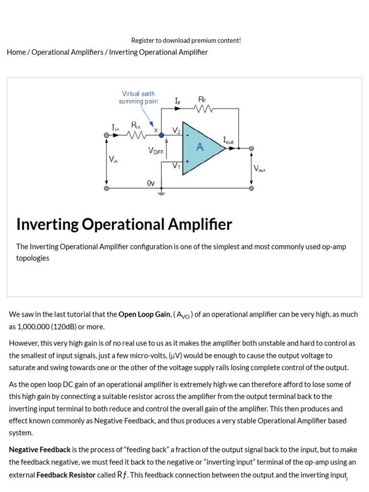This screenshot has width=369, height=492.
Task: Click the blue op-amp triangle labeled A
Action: (199, 148)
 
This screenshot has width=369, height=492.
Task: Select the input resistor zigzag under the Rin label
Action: (136, 135)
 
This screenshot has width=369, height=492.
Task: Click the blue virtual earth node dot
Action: (161, 135)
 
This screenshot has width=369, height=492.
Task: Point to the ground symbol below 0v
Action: (161, 193)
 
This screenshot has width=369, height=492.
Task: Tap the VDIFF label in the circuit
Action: (156, 151)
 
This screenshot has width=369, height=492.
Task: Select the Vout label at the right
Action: (259, 169)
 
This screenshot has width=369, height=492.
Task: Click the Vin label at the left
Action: (113, 160)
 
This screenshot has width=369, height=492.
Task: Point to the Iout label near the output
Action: (228, 140)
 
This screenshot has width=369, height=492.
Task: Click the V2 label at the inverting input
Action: (176, 131)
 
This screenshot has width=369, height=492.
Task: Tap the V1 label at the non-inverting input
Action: (176, 166)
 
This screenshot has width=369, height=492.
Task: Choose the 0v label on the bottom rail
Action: (151, 183)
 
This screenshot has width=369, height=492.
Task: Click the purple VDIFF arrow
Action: (167, 149)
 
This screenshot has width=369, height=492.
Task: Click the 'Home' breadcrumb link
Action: (16, 52)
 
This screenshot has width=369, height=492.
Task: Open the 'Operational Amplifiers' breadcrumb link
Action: (67, 52)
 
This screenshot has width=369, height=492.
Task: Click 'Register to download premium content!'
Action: (186, 40)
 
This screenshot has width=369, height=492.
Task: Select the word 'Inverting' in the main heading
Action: (47, 224)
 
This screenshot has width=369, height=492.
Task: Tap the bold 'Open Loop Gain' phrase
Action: (144, 314)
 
